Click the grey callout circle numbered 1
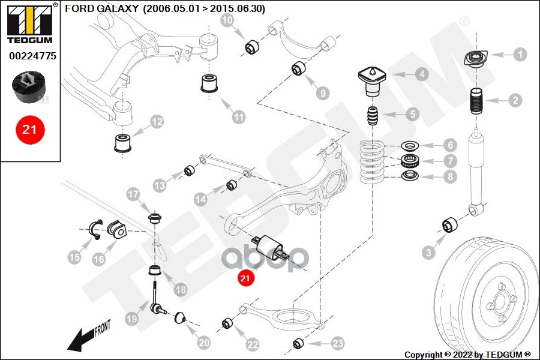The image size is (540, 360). coord(520,54)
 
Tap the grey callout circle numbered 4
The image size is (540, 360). coord(422,74)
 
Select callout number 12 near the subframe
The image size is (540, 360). coord(157,122)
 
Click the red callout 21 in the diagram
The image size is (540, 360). coord(245,278)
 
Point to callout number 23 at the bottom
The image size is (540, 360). coord(338,343)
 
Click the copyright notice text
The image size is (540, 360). coord(467,354)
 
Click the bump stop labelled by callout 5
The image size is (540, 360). coord(373,115)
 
